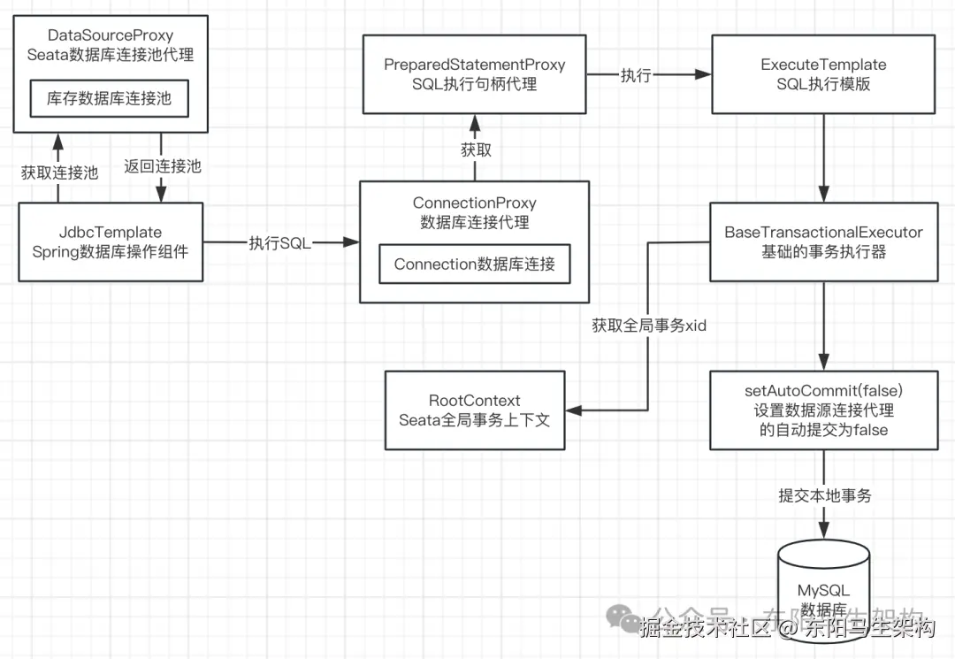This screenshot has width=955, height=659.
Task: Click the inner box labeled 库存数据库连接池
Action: click(110, 99)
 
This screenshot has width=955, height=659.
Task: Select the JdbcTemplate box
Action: click(111, 241)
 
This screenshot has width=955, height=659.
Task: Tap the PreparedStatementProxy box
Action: click(475, 74)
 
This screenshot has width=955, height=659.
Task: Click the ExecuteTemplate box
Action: click(823, 74)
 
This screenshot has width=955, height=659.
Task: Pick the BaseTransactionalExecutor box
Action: click(823, 241)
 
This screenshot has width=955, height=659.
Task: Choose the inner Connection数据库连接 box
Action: click(475, 264)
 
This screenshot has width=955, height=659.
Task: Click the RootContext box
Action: click(475, 410)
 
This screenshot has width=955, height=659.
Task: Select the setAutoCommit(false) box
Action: click(823, 410)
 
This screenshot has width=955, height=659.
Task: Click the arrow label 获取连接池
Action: click(60, 173)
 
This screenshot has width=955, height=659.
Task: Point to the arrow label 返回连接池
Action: click(163, 166)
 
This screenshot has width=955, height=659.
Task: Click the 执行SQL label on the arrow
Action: click(280, 243)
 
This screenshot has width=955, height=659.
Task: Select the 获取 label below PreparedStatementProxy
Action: click(476, 149)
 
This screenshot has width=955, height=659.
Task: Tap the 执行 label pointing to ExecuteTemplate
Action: click(636, 75)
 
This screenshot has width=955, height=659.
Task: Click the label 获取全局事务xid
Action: click(649, 326)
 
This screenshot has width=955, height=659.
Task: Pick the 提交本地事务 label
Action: click(825, 495)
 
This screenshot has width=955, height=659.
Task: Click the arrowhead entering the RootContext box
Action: click(574, 410)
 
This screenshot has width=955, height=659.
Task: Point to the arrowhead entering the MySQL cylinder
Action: click(823, 531)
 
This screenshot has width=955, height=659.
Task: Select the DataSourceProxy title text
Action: click(111, 35)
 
